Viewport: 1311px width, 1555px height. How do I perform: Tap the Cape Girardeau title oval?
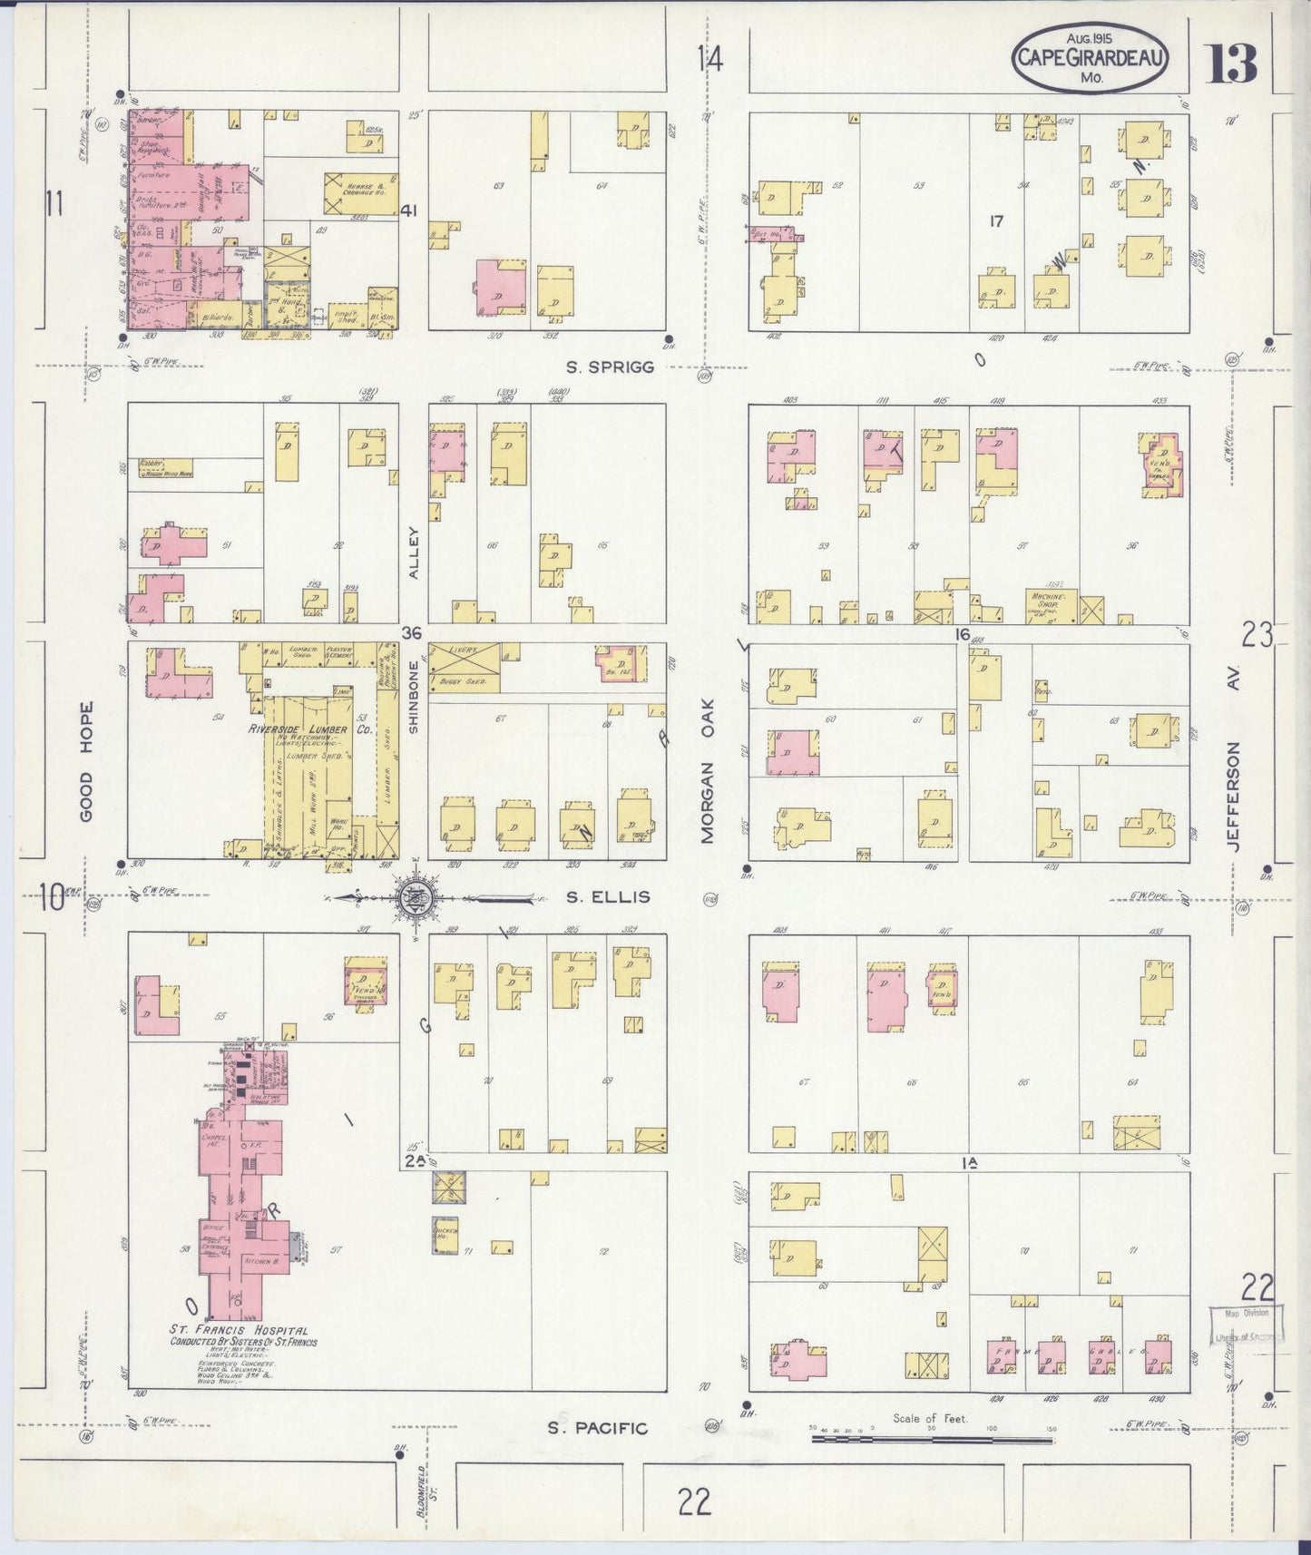click(1090, 60)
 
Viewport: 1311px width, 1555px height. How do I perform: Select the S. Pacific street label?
click(597, 1429)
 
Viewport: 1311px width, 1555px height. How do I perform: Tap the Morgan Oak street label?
click(709, 771)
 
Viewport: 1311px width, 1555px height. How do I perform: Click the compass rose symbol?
click(415, 898)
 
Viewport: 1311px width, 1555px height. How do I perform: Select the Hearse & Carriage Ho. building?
click(360, 193)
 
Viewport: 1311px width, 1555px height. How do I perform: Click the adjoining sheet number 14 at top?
click(710, 60)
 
